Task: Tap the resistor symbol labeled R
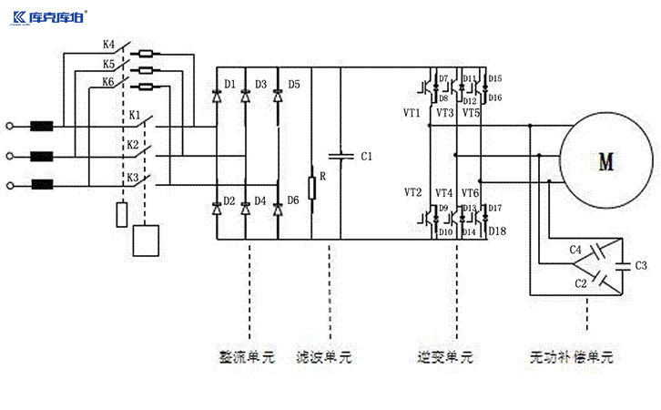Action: point(311,188)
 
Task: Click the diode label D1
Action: point(231,85)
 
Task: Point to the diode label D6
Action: point(293,200)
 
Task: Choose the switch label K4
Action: point(108,44)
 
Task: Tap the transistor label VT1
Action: point(412,113)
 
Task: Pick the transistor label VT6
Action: point(470,193)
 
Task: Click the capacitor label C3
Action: point(641,265)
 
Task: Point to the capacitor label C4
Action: point(575,249)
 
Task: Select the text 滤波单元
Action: point(324,357)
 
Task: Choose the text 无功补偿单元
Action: point(572,357)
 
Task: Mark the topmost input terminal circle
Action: point(10,127)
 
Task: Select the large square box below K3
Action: point(146,240)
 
